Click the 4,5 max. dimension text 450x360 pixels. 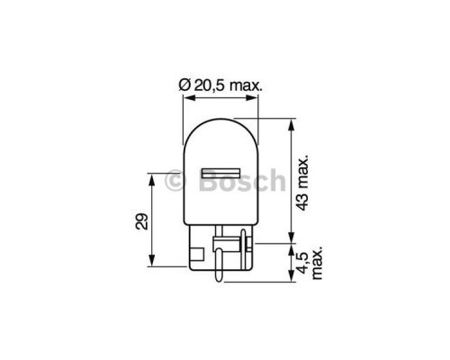(309, 263)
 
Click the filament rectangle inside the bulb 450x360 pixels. (220, 172)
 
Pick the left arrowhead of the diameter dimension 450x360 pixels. (185, 97)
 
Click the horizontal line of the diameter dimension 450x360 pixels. (220, 97)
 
